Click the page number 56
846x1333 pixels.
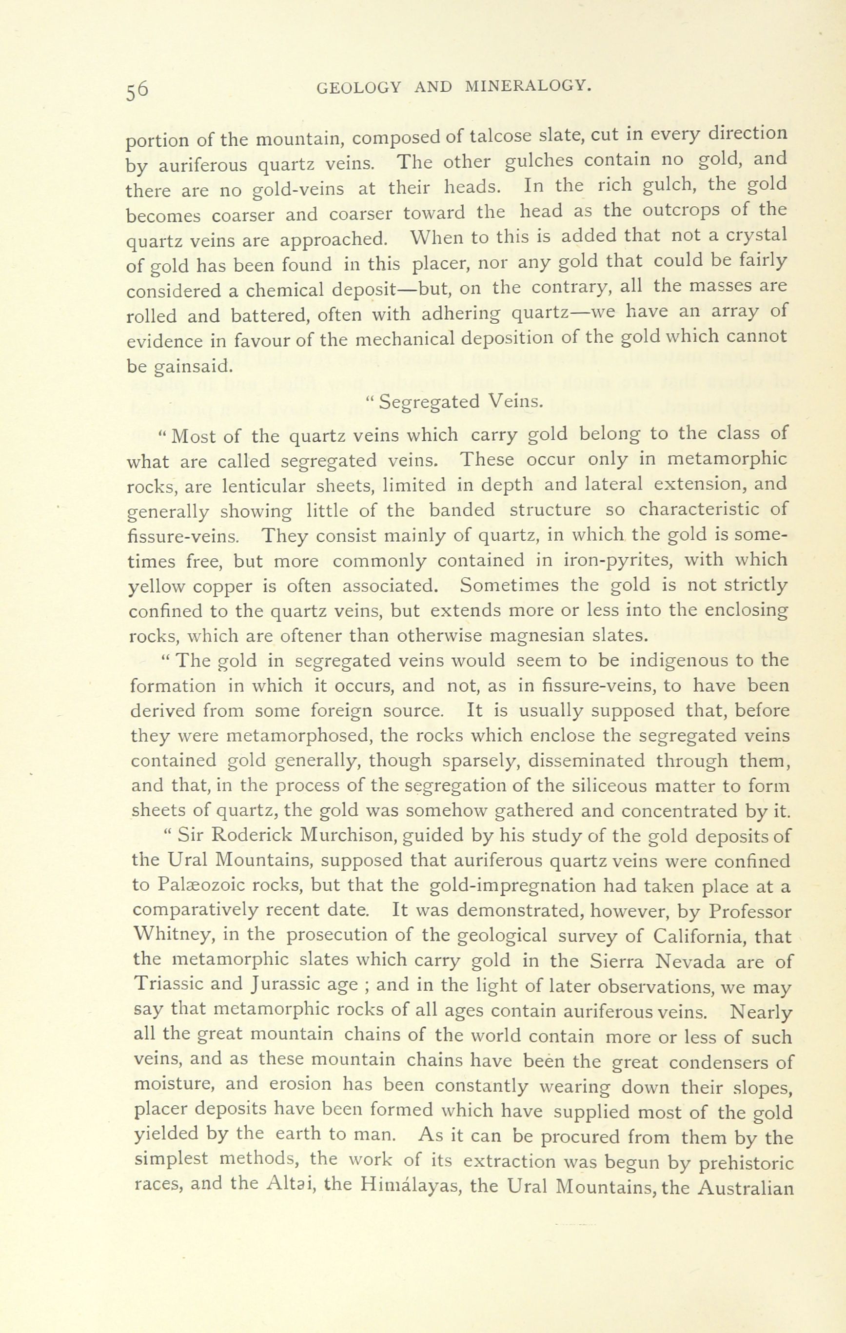(x=138, y=89)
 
